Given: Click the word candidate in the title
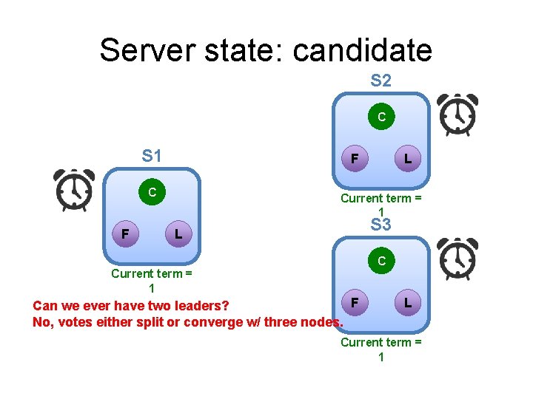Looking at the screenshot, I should click(x=362, y=50).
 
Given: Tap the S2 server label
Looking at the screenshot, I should click(x=381, y=80).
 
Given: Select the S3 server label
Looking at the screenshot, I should click(x=381, y=225).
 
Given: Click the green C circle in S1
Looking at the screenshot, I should click(x=152, y=192).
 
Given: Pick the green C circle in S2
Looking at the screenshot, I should click(x=381, y=117).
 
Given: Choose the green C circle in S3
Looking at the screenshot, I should click(x=381, y=261).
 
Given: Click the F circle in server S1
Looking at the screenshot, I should click(x=126, y=234).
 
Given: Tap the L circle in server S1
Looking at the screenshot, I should click(x=178, y=234).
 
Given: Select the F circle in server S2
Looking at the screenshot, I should click(x=355, y=158).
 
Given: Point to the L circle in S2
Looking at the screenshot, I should click(x=407, y=158).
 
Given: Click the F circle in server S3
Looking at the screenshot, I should click(x=355, y=302).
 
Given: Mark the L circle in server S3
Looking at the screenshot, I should click(x=407, y=302).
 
